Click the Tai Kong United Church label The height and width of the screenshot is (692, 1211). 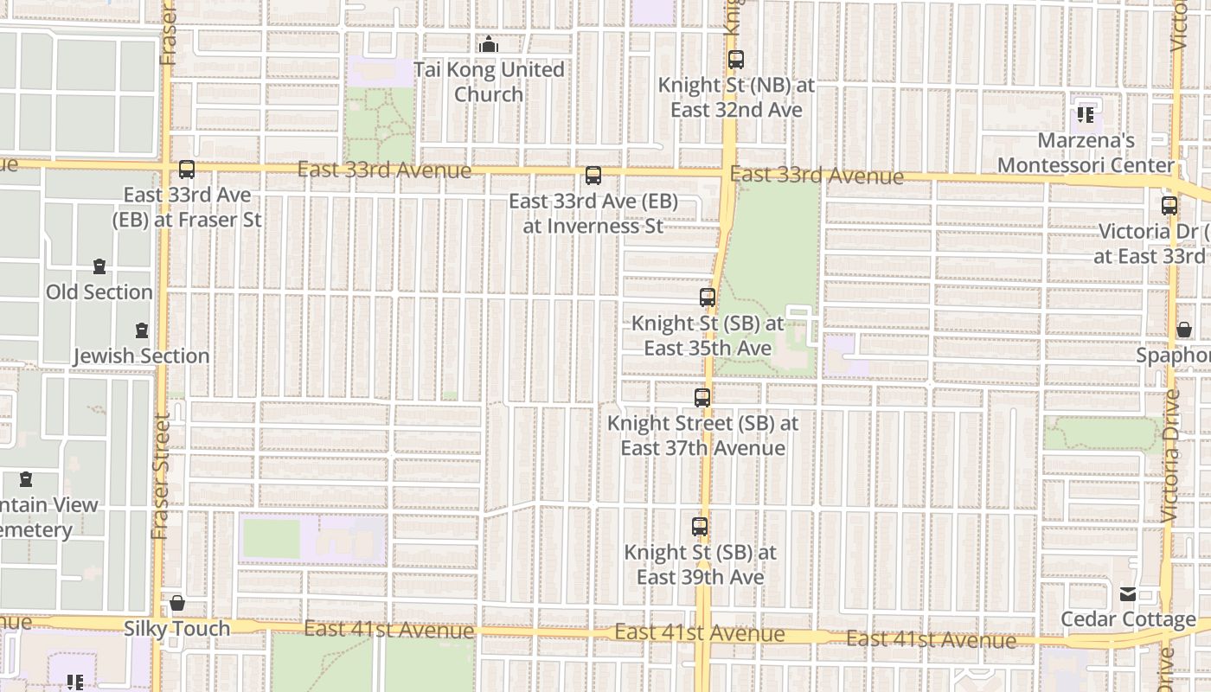(x=489, y=82)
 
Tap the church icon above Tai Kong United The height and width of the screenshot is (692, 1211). (x=489, y=44)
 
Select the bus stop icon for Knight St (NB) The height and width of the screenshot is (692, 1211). (x=736, y=60)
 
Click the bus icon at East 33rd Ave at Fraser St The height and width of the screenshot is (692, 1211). (x=187, y=170)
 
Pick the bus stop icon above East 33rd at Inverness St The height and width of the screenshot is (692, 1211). (x=593, y=176)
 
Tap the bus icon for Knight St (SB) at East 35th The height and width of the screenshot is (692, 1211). (x=708, y=298)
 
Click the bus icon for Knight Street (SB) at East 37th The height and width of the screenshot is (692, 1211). (x=702, y=398)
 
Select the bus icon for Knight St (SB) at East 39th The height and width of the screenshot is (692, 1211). (x=700, y=526)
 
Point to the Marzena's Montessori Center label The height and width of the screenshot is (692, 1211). (x=1086, y=152)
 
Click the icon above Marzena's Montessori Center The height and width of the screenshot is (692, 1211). (x=1086, y=114)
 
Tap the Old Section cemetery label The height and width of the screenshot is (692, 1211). (x=99, y=292)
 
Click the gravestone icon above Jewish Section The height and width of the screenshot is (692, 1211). (x=142, y=330)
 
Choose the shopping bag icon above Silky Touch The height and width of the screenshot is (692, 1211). (x=177, y=603)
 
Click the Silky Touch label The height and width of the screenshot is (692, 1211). (x=177, y=629)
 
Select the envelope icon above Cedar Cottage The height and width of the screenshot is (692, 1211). (x=1128, y=594)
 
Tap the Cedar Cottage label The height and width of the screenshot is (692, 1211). (x=1128, y=619)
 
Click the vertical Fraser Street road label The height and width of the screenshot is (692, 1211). (x=161, y=477)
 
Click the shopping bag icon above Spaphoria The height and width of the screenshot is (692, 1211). (x=1184, y=330)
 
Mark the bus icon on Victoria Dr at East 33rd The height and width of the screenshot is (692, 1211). (x=1169, y=206)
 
